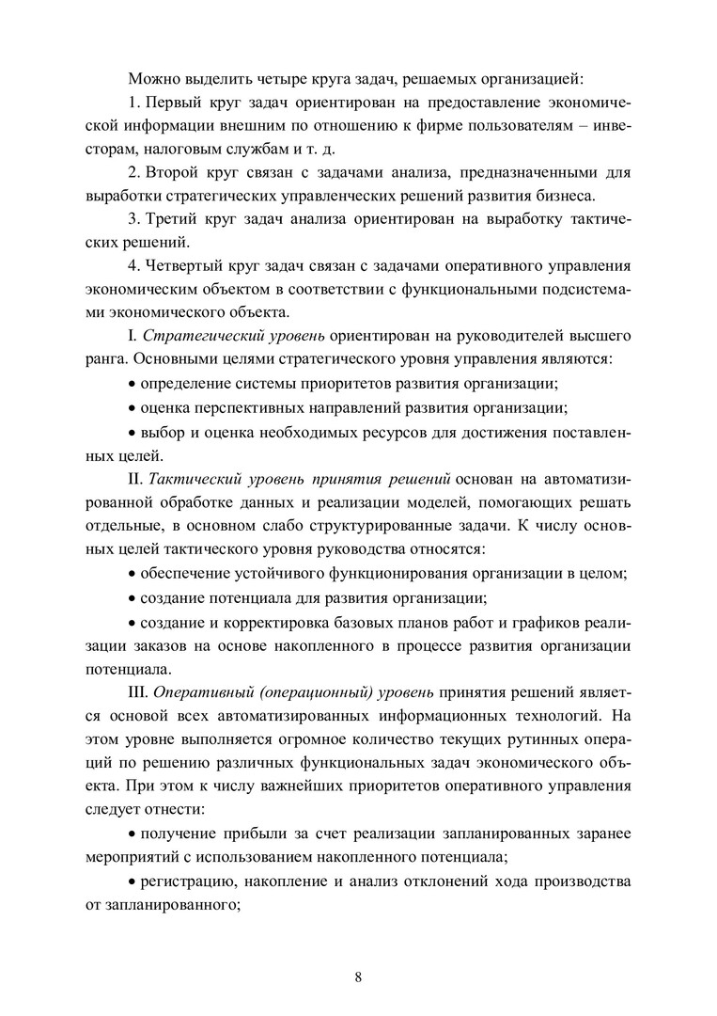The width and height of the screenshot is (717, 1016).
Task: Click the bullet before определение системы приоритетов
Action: [131, 384]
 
